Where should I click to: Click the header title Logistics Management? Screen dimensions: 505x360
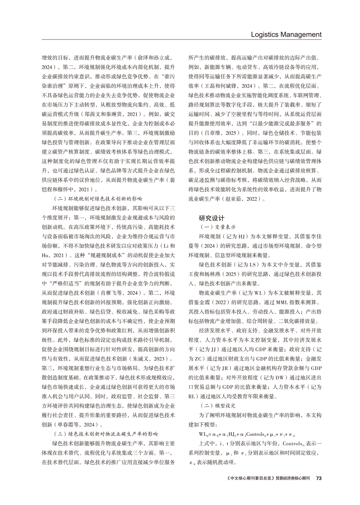click(x=286, y=34)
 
